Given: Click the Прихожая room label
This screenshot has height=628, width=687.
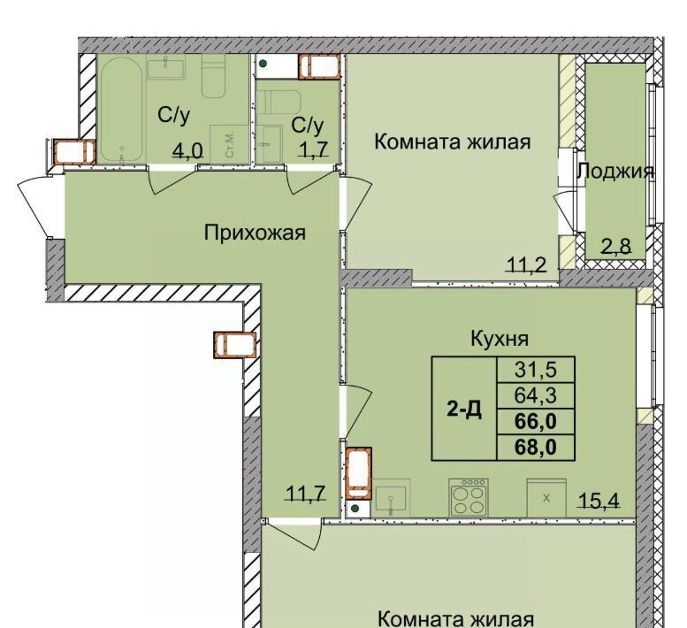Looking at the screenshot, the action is (255, 233).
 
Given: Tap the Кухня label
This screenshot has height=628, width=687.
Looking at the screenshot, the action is (500, 339).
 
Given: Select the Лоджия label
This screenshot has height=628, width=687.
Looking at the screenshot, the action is (614, 172).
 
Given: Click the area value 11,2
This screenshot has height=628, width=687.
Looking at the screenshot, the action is (526, 264).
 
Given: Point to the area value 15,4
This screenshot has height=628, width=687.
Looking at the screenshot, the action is (599, 500).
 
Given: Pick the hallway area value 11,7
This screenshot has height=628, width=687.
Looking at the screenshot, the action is (306, 494).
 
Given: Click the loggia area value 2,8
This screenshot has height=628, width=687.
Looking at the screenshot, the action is (616, 247).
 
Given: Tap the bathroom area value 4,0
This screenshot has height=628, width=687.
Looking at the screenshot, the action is (188, 150).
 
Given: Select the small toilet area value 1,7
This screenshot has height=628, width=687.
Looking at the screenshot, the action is (313, 149).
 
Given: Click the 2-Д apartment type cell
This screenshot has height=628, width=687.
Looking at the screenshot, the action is (464, 409).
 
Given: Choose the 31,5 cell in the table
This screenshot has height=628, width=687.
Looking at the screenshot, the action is (536, 370).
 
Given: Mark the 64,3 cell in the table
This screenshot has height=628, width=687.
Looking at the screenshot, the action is (536, 395).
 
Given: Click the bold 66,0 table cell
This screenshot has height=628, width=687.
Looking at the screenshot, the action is (536, 422).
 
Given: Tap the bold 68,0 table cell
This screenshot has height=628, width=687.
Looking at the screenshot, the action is (536, 448).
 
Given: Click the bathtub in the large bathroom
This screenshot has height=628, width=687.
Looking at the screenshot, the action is (122, 110).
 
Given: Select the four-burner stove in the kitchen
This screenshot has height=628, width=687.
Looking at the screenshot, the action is (469, 497).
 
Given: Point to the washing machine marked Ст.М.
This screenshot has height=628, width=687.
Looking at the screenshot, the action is (230, 144).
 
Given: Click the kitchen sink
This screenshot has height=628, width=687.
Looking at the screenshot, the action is (391, 499).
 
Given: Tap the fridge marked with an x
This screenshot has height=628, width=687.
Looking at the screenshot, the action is (546, 498).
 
